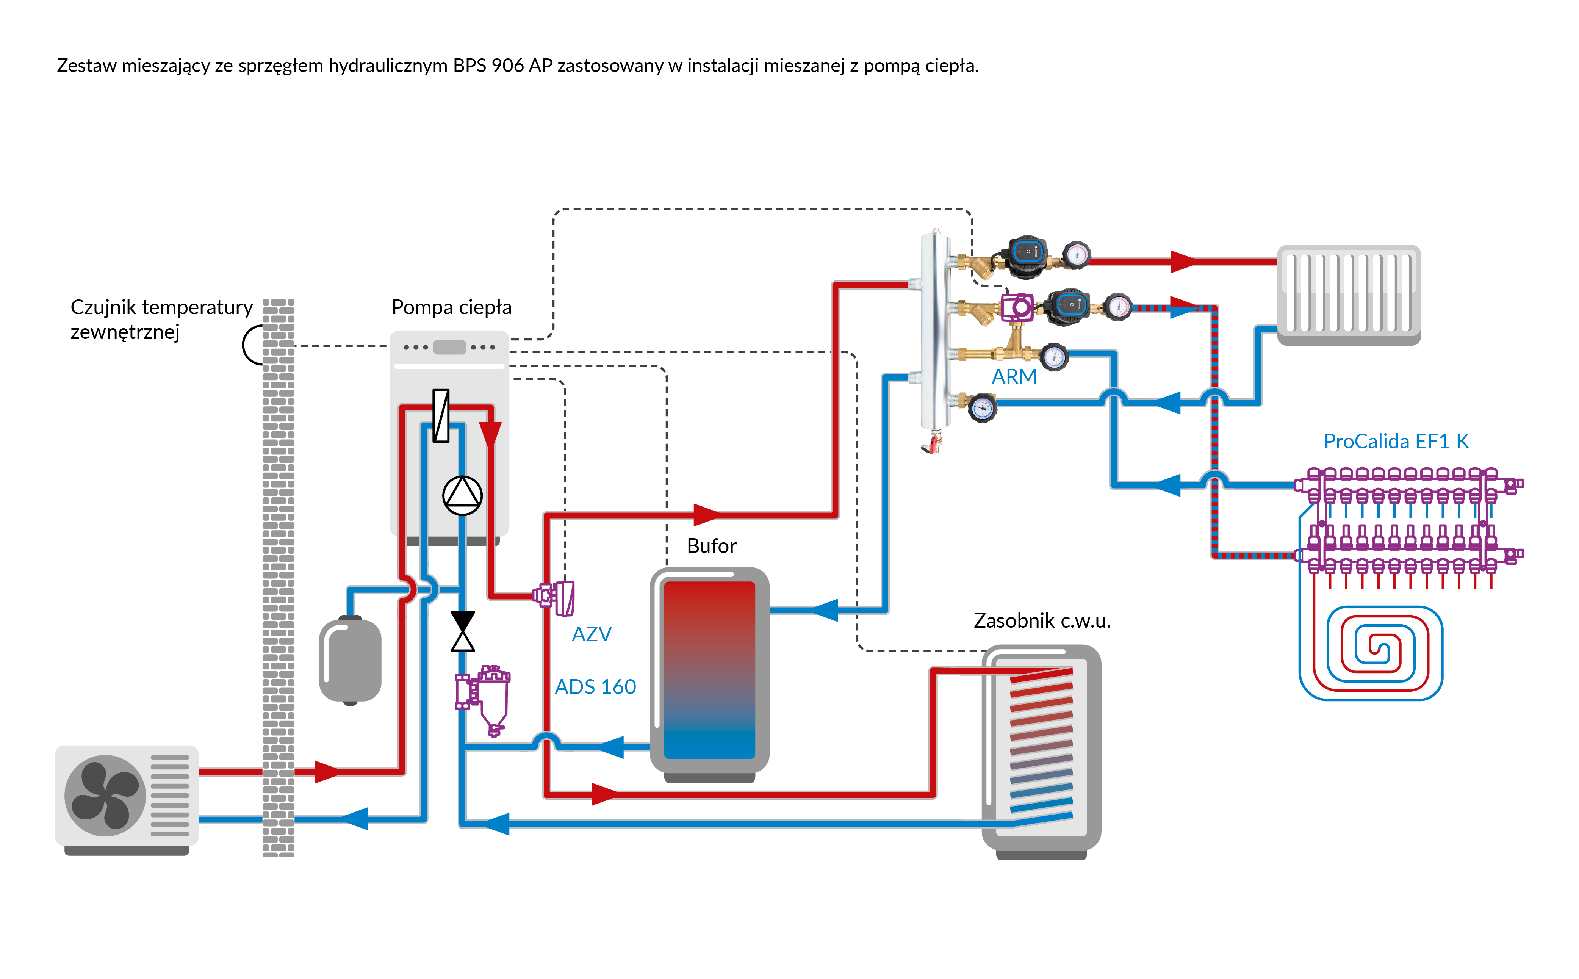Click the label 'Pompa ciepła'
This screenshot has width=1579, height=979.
pos(451,307)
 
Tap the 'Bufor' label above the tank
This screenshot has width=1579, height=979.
pos(711,546)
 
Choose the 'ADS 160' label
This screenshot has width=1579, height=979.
pos(595,686)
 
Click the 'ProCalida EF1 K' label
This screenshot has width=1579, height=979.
pos(1396,441)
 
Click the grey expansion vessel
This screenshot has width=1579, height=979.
pos(350,660)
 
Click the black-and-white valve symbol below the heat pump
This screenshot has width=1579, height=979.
pos(462,631)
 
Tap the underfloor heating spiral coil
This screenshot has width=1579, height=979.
pos(1371,653)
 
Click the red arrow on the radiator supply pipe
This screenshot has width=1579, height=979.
pos(1183,262)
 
